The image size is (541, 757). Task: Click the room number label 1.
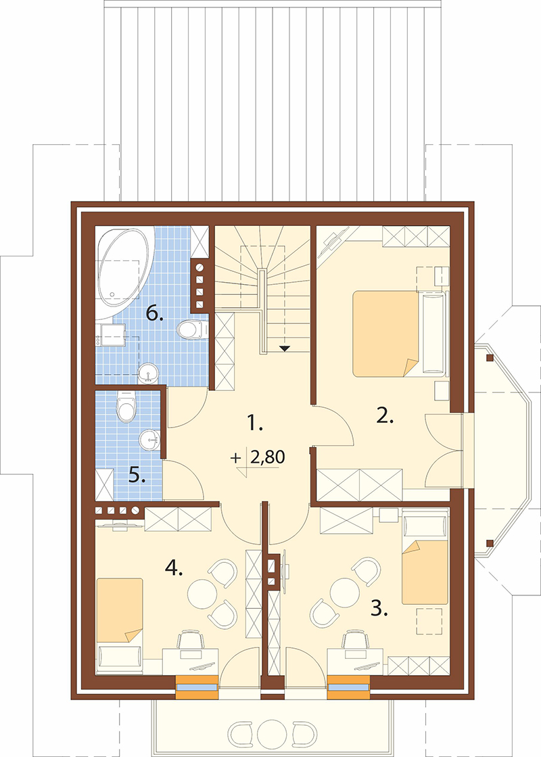tap(254, 423)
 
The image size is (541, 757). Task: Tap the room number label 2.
tap(385, 415)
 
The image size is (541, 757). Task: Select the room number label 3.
tap(379, 610)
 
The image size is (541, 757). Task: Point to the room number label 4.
tap(174, 569)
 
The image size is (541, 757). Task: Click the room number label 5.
tap(137, 476)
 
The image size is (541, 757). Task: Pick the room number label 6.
tap(154, 315)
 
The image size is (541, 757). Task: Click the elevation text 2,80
tap(267, 457)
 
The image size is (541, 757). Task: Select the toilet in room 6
tap(191, 329)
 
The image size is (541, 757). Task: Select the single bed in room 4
tap(120, 611)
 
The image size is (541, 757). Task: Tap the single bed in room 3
tap(425, 572)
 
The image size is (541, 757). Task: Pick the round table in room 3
tap(345, 593)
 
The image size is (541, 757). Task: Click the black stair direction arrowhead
tap(284, 348)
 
